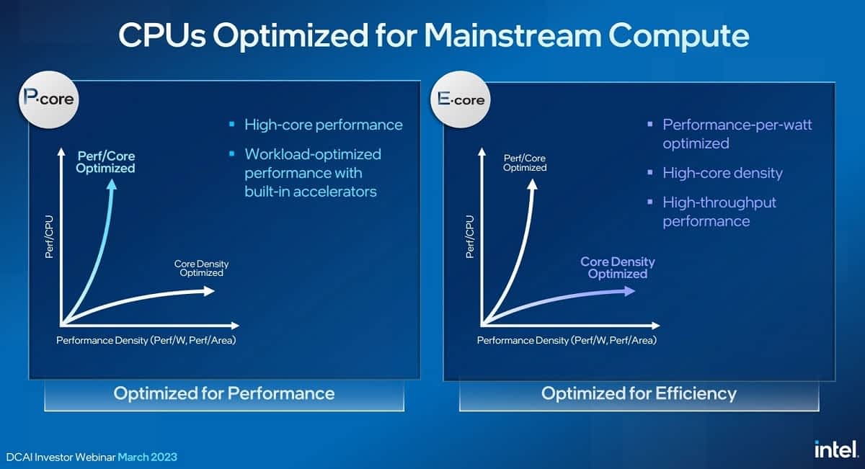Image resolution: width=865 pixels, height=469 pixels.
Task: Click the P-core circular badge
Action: point(49,99)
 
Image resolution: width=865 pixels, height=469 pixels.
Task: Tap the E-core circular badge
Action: point(461,99)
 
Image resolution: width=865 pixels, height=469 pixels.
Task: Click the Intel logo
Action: point(836,450)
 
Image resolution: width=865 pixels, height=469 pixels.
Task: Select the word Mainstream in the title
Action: point(513,35)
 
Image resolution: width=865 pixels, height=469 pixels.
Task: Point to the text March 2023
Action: point(147,457)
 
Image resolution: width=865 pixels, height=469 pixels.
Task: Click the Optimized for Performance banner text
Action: point(224,393)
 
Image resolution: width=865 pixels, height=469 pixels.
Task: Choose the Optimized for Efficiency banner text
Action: point(639,393)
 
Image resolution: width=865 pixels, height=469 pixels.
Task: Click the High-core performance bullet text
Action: point(323,125)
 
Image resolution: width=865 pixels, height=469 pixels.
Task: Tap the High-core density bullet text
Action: point(722,173)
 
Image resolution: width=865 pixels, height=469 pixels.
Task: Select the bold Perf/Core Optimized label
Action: point(105,162)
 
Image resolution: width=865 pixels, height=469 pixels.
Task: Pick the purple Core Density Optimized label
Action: point(618,267)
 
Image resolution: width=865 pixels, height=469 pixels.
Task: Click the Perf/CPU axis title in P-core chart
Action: point(50,236)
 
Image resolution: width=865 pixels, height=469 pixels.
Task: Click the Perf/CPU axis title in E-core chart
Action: point(469,236)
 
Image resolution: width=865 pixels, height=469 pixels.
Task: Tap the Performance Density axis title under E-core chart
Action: point(567,340)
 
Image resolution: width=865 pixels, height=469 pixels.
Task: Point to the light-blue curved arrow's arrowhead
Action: point(112,184)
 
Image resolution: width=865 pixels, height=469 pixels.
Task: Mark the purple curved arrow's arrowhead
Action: point(630,291)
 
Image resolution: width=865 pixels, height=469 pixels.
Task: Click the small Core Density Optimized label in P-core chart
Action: point(201,268)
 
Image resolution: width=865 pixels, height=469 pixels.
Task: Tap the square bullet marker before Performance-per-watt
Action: point(650,124)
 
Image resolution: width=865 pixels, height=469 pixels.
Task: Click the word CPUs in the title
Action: point(162,35)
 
